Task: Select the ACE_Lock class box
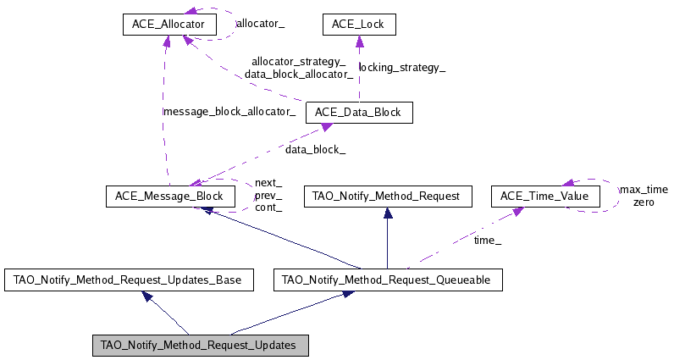pos(358,25)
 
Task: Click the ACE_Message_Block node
pos(169,197)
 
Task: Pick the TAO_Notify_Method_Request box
pos(386,197)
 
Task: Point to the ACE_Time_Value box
pos(545,197)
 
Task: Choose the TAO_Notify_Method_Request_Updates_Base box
pos(129,280)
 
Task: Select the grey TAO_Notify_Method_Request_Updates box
pos(200,346)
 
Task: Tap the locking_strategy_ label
pos(402,68)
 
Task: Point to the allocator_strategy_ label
pos(298,62)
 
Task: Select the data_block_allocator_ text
pos(298,75)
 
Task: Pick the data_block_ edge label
pos(315,150)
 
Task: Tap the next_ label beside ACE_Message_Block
pos(268,183)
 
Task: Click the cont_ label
pos(268,207)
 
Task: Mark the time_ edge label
pos(487,241)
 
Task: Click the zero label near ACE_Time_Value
pos(644,202)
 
